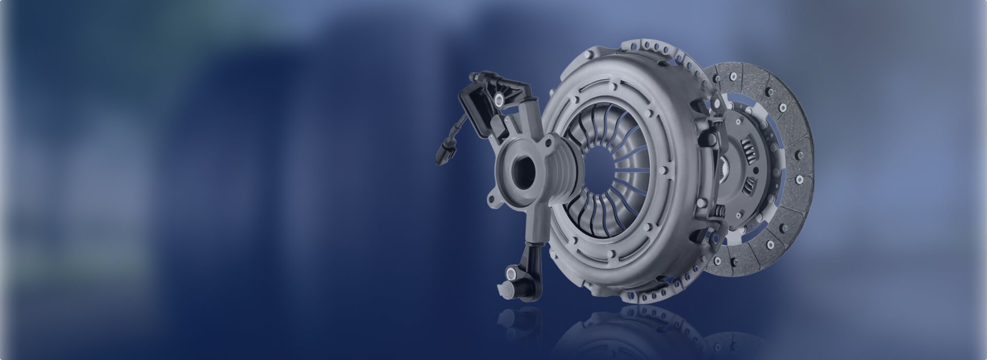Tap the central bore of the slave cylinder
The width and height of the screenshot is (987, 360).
[x=520, y=168]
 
